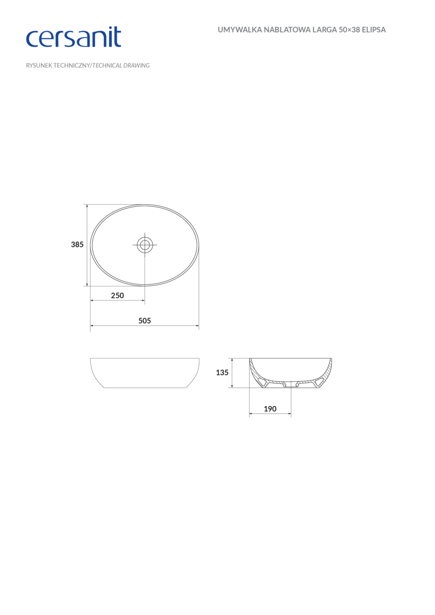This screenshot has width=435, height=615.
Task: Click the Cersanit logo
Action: click(73, 37)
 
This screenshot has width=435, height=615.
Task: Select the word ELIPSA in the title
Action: click(373, 30)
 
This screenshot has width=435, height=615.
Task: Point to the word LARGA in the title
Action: click(323, 30)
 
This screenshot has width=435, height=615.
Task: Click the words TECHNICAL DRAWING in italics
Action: click(121, 65)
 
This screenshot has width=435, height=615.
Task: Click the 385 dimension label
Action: click(77, 245)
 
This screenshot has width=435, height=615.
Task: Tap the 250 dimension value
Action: click(117, 295)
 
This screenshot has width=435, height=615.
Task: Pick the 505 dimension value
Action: click(145, 320)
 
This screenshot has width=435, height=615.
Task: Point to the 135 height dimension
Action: click(222, 372)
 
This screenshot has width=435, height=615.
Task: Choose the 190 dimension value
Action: click(270, 409)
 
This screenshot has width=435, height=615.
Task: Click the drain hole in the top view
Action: click(145, 245)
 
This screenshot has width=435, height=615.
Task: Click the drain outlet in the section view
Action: click(290, 384)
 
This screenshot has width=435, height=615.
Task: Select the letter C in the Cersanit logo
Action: click(34, 39)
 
